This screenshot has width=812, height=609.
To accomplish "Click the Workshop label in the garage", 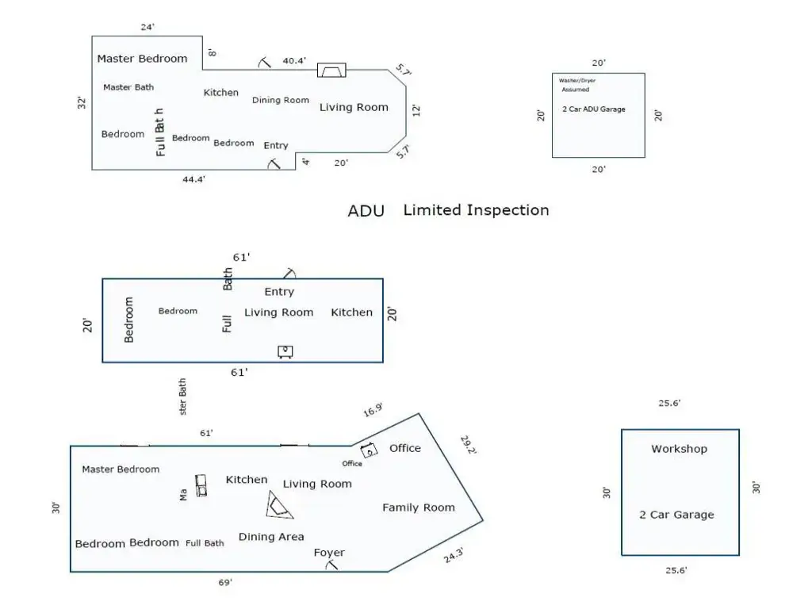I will [x=679, y=449].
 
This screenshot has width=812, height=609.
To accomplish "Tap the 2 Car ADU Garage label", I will [x=593, y=109].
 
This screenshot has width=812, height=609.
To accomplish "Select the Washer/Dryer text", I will [x=577, y=81].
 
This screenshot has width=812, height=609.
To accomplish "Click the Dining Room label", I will [x=280, y=100].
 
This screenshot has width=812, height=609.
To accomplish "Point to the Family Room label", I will [x=419, y=507].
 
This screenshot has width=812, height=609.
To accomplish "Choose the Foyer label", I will [x=329, y=553].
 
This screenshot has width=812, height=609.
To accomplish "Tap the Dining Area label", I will [x=271, y=537].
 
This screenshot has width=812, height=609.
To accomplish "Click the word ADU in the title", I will [x=366, y=211].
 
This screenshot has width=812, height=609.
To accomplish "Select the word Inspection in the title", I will [x=507, y=210].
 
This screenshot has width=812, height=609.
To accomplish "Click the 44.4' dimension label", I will [x=194, y=179].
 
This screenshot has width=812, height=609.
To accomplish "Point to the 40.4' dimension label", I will [x=294, y=60].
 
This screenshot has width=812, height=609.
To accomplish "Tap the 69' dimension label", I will [x=225, y=583].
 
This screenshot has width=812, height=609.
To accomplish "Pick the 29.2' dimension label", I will [x=468, y=445].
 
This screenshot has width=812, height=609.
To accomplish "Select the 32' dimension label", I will [x=82, y=103].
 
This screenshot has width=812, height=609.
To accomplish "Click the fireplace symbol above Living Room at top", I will [x=331, y=70].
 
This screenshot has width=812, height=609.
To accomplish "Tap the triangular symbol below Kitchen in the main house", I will [x=278, y=504].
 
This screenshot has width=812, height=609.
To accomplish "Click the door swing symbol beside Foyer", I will [x=333, y=565].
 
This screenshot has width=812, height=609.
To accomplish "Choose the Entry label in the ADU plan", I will [x=279, y=292].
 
